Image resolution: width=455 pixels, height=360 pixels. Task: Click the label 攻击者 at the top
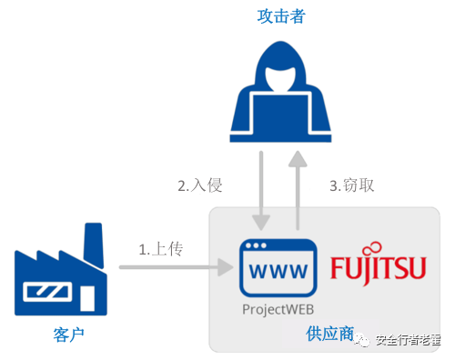click(278, 15)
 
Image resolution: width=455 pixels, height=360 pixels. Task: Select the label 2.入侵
click(199, 185)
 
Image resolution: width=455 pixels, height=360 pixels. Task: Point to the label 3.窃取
click(351, 185)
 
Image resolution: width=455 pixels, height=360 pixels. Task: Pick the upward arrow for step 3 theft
click(297, 191)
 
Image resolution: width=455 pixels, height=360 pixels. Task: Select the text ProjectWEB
click(278, 309)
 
